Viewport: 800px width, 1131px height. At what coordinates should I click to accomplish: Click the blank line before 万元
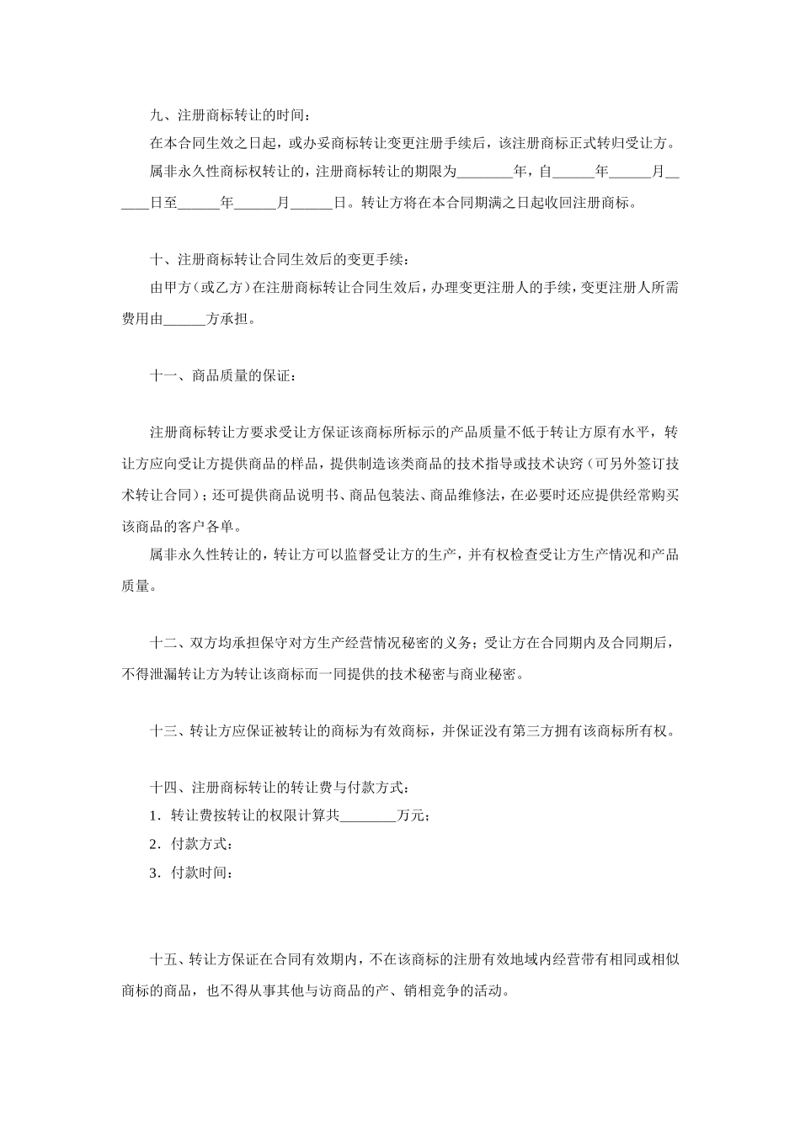coord(367,816)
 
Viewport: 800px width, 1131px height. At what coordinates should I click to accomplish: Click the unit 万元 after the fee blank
coord(413,816)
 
